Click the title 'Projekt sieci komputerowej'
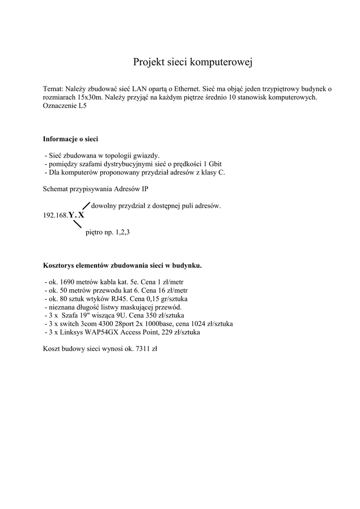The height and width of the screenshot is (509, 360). (x=193, y=62)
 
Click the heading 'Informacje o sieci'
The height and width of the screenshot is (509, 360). (x=70, y=139)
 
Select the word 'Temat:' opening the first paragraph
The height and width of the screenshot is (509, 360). (x=53, y=88)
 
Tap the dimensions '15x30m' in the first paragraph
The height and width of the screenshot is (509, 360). (x=88, y=97)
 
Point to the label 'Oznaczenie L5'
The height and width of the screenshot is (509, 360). (x=65, y=106)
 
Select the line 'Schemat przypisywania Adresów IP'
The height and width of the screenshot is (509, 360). (x=95, y=189)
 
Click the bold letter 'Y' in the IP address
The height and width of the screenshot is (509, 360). (x=71, y=215)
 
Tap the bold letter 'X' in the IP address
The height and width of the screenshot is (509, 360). (x=81, y=215)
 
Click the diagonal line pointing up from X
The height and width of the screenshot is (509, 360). (x=85, y=206)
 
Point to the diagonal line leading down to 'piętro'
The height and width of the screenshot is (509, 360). (x=77, y=224)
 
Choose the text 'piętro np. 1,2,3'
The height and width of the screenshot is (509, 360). (x=107, y=232)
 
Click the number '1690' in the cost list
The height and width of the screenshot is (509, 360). (x=67, y=281)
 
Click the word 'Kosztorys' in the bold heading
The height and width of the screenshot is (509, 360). (x=59, y=265)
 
